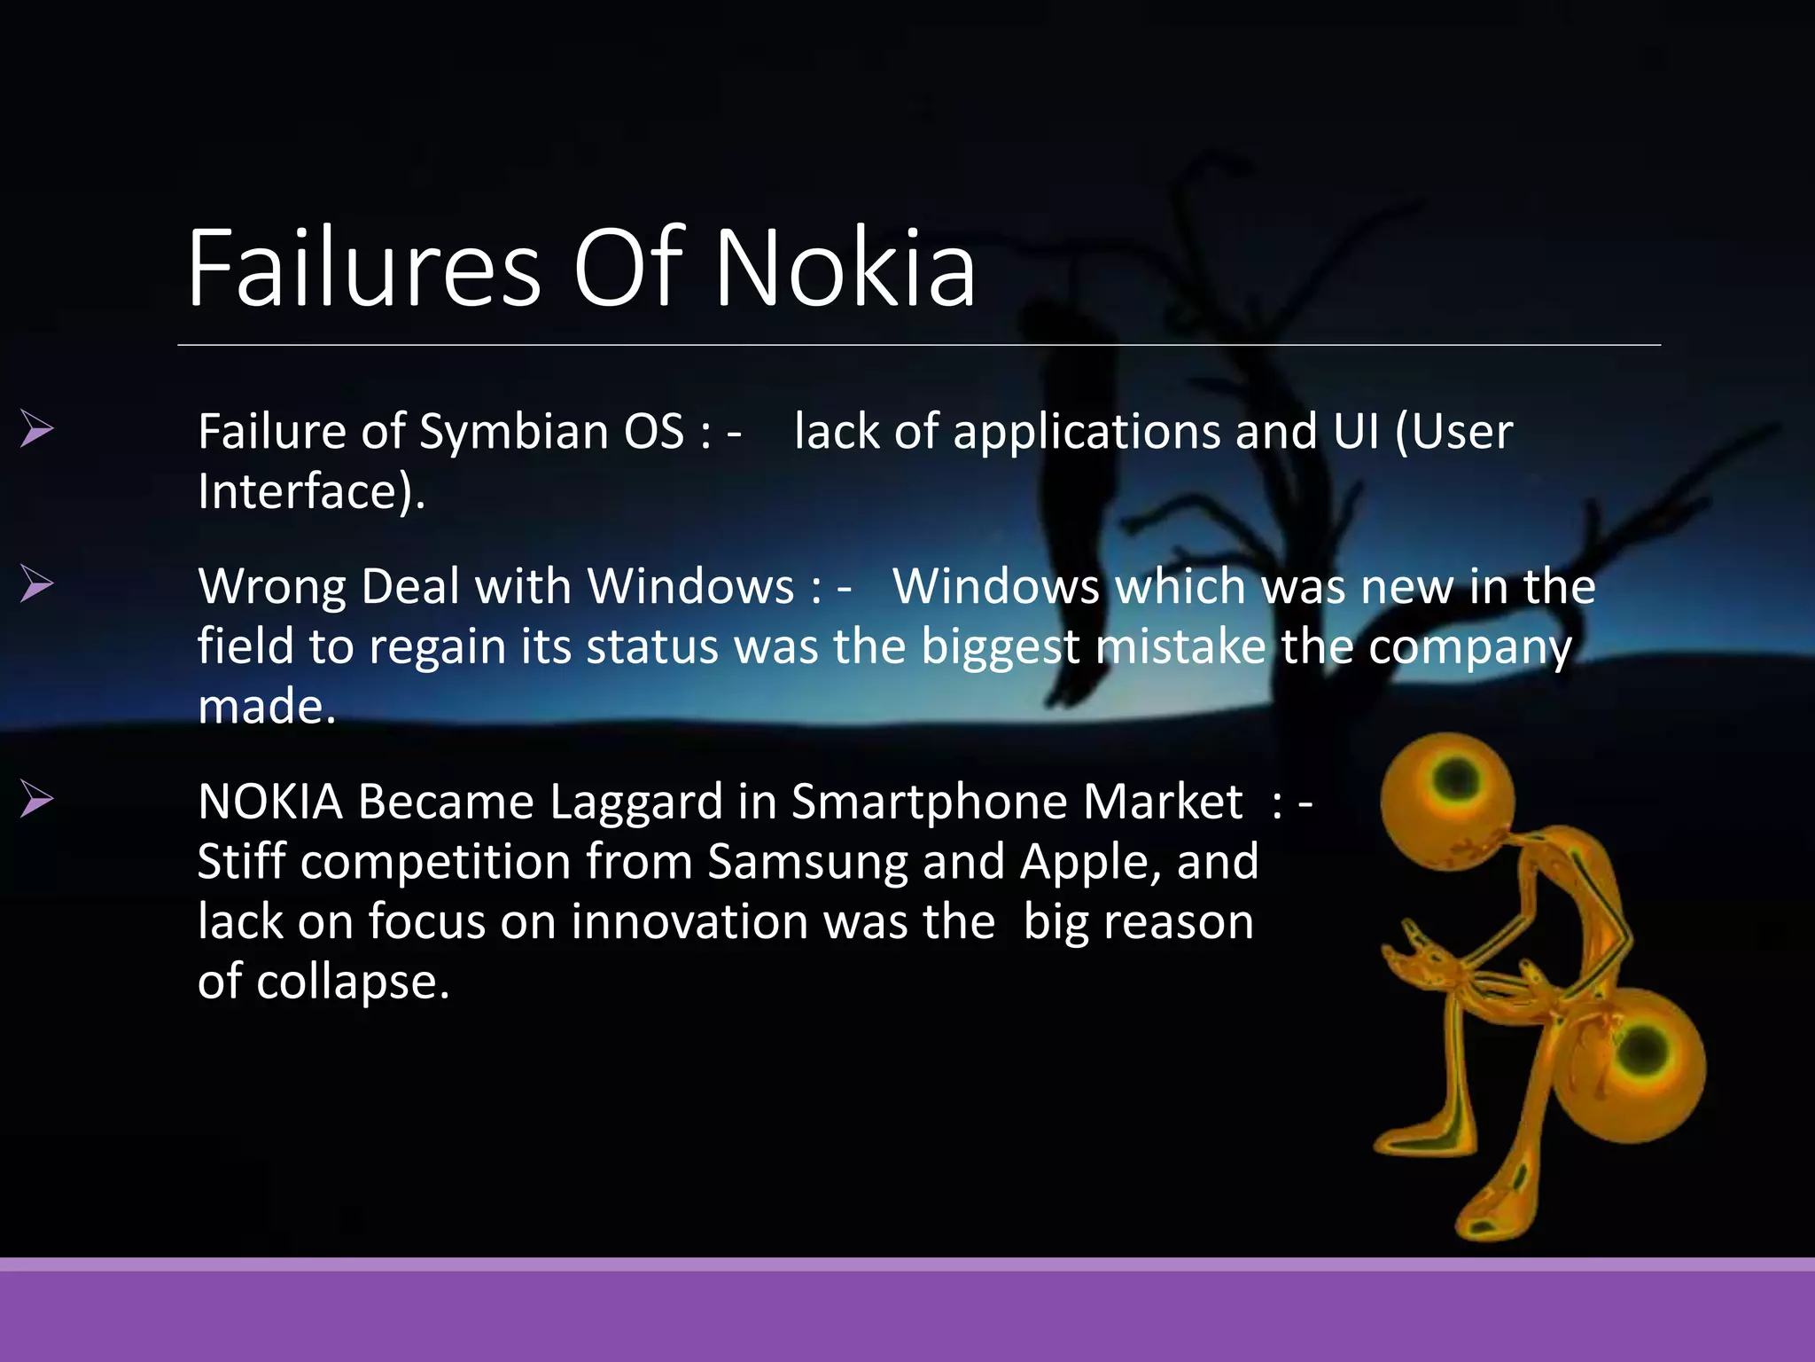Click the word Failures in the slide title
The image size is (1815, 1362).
coord(363,268)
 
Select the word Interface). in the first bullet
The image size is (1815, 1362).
coord(311,492)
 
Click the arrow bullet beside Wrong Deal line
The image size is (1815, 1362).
coord(37,584)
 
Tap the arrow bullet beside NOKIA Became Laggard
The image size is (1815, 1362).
coord(37,799)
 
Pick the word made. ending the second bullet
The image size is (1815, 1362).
coord(267,707)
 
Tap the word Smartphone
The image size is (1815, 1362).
coord(930,802)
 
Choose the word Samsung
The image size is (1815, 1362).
coord(807,863)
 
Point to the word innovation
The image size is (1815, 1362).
coord(689,922)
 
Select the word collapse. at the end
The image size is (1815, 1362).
coord(353,982)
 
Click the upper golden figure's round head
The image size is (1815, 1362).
coord(1448,801)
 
